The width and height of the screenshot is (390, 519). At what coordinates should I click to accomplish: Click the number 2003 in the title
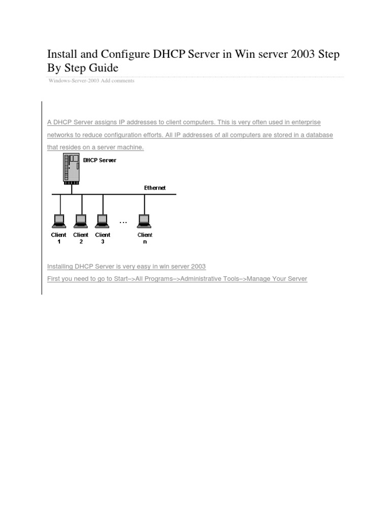pyautogui.click(x=300, y=55)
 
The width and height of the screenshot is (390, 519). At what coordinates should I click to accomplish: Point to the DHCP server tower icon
pyautogui.click(x=71, y=168)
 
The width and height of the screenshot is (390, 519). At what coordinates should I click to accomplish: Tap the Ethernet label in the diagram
pyautogui.click(x=155, y=188)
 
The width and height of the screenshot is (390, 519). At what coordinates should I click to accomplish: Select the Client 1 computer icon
pyautogui.click(x=59, y=221)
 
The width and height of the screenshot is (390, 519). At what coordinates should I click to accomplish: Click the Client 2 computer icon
pyautogui.click(x=81, y=221)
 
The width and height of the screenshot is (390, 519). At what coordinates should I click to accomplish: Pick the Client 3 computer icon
pyautogui.click(x=103, y=221)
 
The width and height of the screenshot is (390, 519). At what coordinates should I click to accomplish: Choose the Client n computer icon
pyautogui.click(x=145, y=221)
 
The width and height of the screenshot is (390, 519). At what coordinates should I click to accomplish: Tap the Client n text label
pyautogui.click(x=145, y=238)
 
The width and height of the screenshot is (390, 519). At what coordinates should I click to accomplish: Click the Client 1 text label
pyautogui.click(x=59, y=238)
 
